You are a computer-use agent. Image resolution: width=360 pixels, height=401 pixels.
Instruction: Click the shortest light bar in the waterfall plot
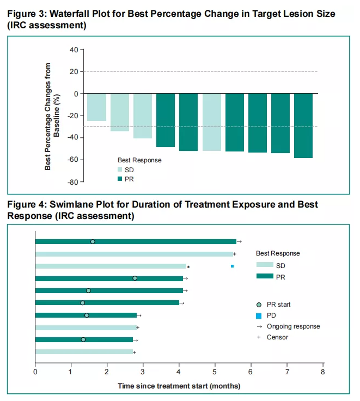[96, 107]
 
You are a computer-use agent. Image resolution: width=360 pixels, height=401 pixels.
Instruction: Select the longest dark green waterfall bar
[303, 125]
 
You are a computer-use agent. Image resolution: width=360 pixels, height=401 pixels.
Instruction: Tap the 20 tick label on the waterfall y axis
[74, 71]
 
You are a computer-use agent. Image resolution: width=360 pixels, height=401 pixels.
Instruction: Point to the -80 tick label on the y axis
[72, 181]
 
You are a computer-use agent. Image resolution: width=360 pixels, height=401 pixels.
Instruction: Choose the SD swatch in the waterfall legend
[120, 170]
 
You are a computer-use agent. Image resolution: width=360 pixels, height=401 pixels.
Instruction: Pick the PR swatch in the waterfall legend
[120, 179]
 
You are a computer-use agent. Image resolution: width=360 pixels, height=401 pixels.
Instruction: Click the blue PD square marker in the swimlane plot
[233, 266]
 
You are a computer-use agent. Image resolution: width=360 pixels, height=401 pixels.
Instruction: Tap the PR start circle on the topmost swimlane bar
[93, 241]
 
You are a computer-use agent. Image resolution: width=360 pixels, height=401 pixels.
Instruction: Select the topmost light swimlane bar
[133, 254]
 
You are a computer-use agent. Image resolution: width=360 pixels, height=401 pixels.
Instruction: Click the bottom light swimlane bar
[84, 352]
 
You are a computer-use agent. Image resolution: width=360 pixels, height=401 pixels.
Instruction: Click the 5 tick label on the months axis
[215, 373]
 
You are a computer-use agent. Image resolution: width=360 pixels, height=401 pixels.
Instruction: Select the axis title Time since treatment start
[179, 386]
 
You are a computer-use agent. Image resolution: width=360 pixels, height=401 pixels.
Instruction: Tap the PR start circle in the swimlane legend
[260, 305]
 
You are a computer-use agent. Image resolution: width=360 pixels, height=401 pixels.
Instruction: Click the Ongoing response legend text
[293, 326]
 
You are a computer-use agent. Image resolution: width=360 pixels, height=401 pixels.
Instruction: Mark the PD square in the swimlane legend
[260, 315]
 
